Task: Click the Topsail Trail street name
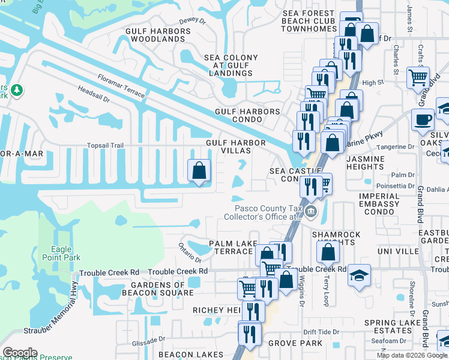[105, 145]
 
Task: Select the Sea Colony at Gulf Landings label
[231, 65]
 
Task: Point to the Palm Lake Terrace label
[230, 247]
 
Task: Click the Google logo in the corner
[20, 353]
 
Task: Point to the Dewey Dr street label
[192, 20]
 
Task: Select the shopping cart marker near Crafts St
[418, 77]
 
